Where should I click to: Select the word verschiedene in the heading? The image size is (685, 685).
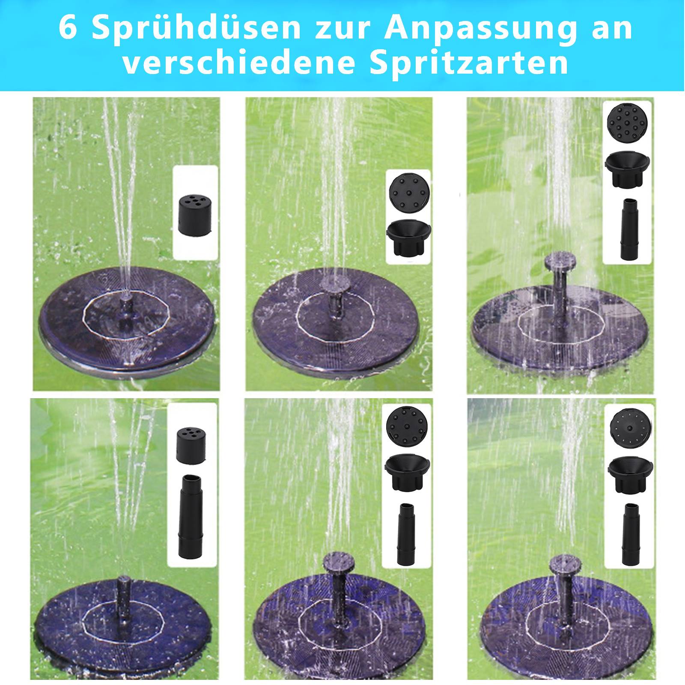239,63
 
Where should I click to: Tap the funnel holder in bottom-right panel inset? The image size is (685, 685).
629,475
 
